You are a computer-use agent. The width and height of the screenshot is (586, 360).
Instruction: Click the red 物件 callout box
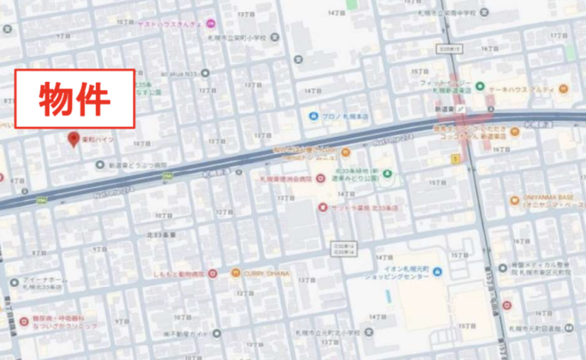tap(75, 98)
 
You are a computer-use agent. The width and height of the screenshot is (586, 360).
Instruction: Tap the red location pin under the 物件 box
tap(74, 139)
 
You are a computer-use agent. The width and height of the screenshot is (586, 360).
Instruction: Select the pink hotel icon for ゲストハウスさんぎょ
tap(210, 23)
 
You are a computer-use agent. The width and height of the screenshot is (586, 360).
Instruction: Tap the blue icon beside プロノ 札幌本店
tap(314, 116)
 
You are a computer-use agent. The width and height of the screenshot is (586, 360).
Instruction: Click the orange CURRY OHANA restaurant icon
tap(236, 273)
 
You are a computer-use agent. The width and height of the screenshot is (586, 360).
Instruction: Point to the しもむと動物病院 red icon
tap(213, 274)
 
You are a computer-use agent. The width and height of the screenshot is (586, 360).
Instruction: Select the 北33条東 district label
tap(162, 235)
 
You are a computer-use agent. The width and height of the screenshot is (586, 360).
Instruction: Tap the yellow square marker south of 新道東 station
tap(455, 159)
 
